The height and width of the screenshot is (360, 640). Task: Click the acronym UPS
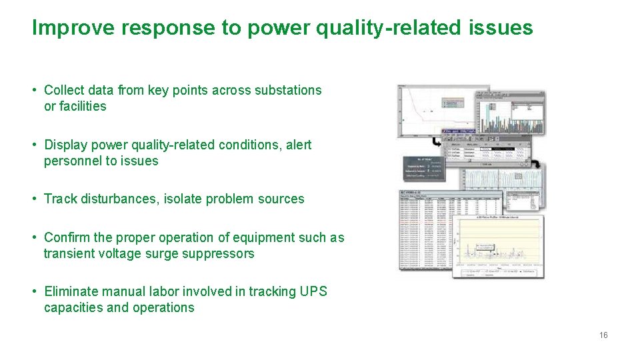pyautogui.click(x=313, y=291)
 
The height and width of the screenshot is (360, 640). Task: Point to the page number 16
pyautogui.click(x=603, y=335)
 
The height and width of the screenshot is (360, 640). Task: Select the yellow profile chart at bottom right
pyautogui.click(x=499, y=247)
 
